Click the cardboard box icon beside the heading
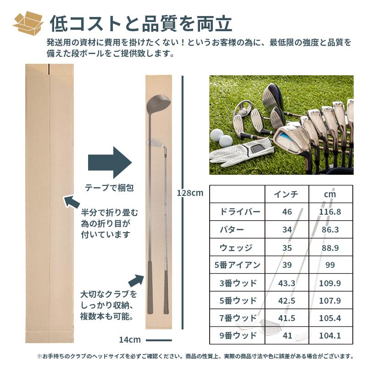[x=28, y=23]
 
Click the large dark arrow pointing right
[x=110, y=162]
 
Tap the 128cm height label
[x=190, y=193]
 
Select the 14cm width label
[x=129, y=340]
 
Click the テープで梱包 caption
[x=109, y=188]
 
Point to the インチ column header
[x=286, y=194]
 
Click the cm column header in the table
[x=330, y=194]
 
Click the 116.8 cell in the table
[x=330, y=212]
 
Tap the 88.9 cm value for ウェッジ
[x=330, y=247]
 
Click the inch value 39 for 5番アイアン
[x=288, y=265]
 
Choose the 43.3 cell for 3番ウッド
[x=287, y=283]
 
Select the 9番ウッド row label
[x=236, y=336]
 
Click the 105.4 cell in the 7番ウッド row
[x=330, y=318]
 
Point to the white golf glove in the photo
[x=241, y=151]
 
